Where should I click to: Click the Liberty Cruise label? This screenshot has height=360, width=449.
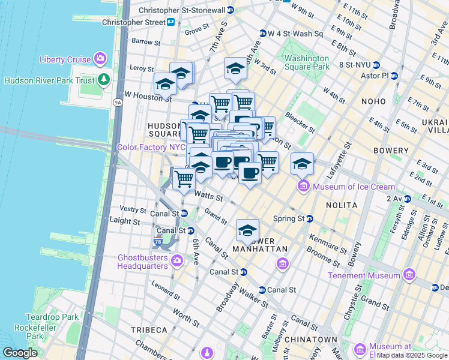[64, 59]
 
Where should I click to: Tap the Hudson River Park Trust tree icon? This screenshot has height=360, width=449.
[104, 80]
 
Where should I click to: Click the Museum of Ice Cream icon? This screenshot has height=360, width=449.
[303, 187]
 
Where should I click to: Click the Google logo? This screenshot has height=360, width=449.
[20, 353]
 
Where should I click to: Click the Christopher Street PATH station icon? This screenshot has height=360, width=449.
[171, 22]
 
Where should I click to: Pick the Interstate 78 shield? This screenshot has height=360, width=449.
[158, 241]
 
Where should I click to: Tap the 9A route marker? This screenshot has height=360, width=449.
[118, 103]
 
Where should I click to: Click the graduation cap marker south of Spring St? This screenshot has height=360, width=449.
[247, 230]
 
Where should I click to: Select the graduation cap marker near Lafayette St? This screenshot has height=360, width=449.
[303, 163]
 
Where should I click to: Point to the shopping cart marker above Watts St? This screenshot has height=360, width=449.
[184, 178]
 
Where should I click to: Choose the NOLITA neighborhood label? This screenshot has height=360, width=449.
[342, 205]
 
